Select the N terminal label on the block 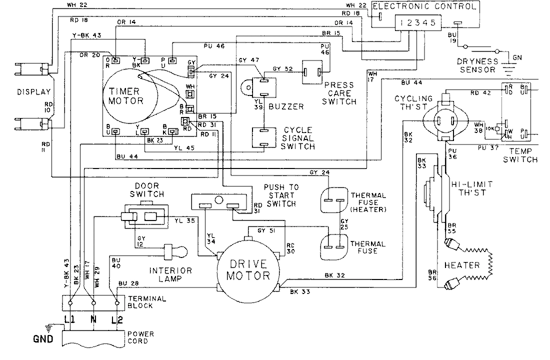[x=93, y=318]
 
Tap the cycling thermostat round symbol [x=445, y=120]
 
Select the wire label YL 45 [x=184, y=147]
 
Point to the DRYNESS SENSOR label [x=477, y=65]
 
